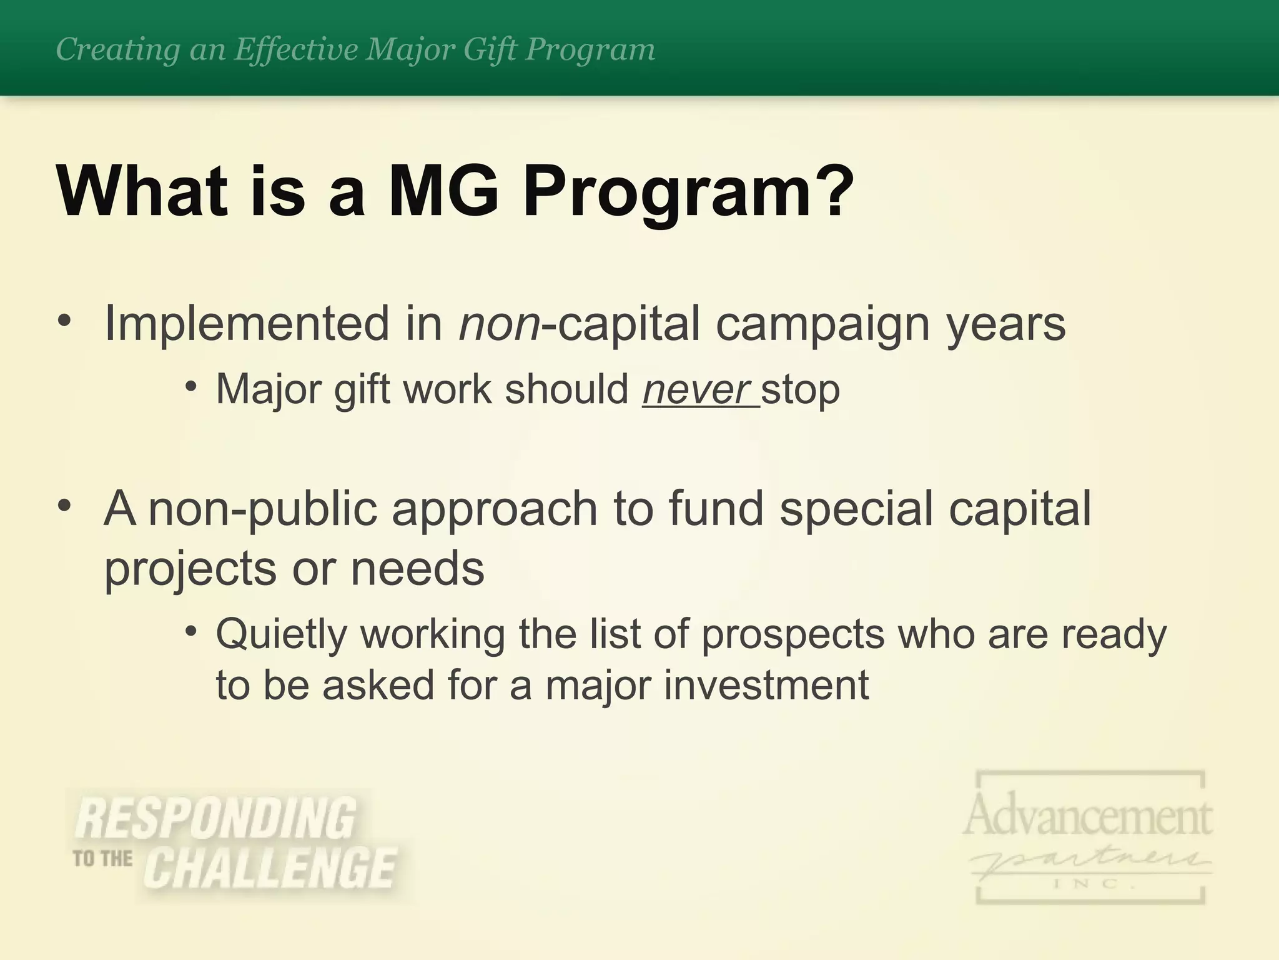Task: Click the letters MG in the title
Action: [x=443, y=190]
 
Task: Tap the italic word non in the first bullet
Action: [x=499, y=324]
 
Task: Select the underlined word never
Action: [x=696, y=389]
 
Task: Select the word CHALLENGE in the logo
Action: [x=270, y=869]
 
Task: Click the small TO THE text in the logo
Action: [x=103, y=859]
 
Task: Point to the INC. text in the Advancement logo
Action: [x=1090, y=884]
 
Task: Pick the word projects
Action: [x=190, y=569]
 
